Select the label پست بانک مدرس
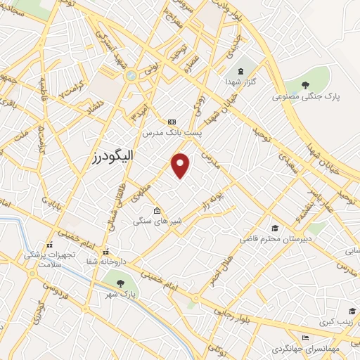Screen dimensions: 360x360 tap(172, 132)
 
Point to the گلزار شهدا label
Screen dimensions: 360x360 tap(243, 82)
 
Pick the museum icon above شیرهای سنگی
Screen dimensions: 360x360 tap(157, 210)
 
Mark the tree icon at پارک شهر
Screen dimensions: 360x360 tap(120, 283)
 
